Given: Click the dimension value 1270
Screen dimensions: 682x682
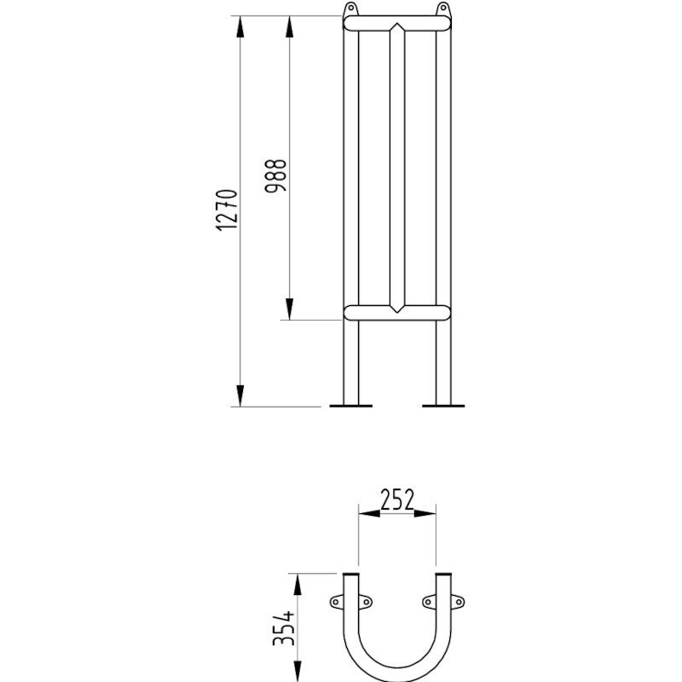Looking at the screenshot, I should pos(226,211).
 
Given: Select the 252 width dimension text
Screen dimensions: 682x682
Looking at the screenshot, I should pos(396,500).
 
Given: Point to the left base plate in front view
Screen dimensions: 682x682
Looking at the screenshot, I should pos(350,406).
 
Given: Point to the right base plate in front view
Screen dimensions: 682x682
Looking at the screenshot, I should pos(443,406).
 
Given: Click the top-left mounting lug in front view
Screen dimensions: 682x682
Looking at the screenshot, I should pos(350,9).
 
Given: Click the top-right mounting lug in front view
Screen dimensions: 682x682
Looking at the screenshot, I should pos(442,9).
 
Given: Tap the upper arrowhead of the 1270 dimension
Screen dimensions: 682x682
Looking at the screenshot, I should pos(241,26).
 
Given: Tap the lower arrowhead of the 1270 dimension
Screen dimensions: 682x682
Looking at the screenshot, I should pos(241,396).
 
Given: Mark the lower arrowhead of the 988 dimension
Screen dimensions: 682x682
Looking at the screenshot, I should pos(290,309).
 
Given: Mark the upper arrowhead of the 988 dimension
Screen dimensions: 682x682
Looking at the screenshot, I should pos(290,26).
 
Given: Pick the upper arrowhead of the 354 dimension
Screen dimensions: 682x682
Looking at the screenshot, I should pos(298,584).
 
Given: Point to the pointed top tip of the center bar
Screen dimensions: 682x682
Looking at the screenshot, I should pos(396,26).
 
